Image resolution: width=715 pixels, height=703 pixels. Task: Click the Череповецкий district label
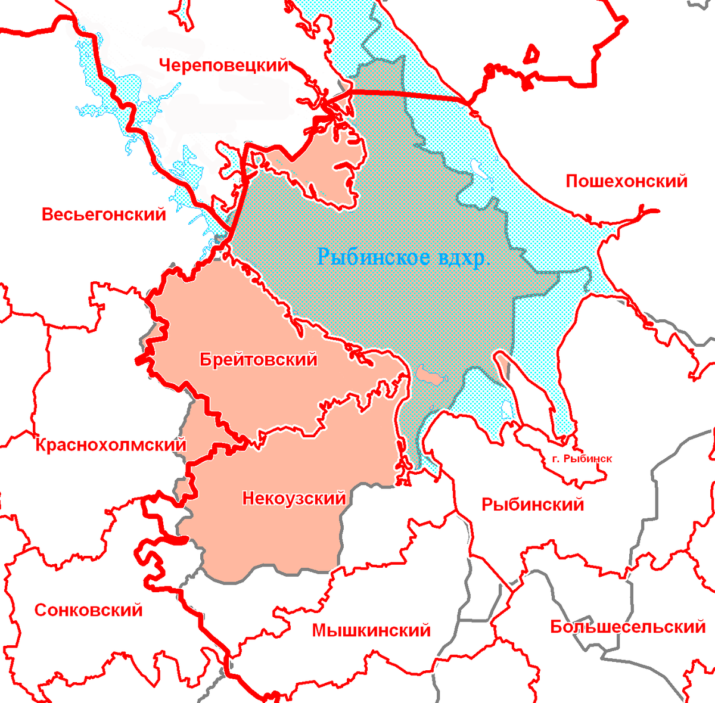point(223,66)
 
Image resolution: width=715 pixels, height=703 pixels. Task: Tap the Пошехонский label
point(626,181)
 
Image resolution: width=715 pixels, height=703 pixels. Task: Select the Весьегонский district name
point(104,214)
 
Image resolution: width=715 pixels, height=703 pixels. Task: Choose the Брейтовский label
point(258,360)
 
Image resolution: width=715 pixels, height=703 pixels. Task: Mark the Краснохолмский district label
point(111,445)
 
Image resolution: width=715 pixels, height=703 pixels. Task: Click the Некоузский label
point(294,498)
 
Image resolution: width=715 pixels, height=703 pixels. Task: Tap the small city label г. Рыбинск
point(579,459)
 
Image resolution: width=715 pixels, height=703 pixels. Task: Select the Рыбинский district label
point(532,505)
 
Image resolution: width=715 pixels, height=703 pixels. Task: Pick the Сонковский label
point(88,610)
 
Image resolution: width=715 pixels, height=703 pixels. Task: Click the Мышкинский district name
point(371,630)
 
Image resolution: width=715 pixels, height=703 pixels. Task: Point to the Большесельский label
point(627,627)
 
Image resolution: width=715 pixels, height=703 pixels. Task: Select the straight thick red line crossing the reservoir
point(411,95)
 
